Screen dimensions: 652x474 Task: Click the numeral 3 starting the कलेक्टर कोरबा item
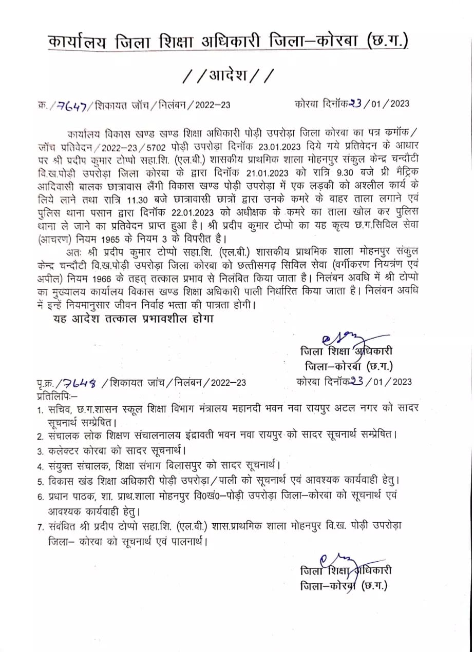pos(39,451)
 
